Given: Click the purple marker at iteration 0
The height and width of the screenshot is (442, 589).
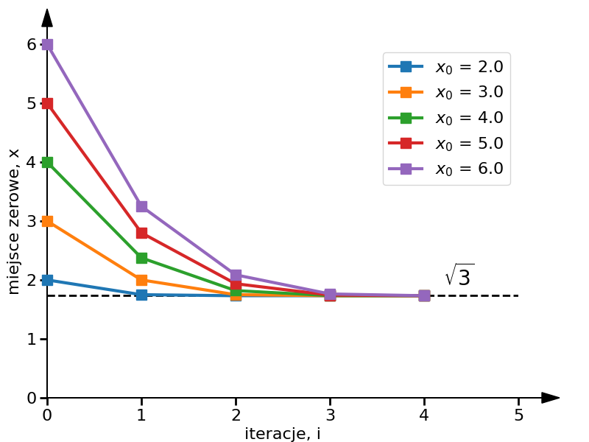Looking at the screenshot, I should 47,44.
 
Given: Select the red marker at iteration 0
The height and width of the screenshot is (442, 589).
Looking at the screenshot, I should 47,103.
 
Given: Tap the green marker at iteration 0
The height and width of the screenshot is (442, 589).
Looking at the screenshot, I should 47,162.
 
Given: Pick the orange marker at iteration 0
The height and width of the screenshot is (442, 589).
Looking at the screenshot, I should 47,221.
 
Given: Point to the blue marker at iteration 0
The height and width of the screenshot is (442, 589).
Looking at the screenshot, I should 47,280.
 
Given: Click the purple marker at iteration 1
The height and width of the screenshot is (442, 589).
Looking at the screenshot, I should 141,206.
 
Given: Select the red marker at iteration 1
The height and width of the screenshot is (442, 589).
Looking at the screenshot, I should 141,233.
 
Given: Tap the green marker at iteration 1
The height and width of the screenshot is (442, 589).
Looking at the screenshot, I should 141,258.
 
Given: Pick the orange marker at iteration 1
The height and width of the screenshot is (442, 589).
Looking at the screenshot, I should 141,280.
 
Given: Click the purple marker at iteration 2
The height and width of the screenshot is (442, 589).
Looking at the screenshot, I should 236,275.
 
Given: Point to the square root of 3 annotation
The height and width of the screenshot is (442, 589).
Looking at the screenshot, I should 459,276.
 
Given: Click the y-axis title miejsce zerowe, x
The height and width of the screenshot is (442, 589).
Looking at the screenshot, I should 14,221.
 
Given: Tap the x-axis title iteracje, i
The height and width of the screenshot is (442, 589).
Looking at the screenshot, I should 283,434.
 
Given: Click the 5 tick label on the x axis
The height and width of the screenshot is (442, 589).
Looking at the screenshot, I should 518,415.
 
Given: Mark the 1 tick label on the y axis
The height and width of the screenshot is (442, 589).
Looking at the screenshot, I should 32,339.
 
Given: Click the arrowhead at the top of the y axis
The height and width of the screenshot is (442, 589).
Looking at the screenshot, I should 47,18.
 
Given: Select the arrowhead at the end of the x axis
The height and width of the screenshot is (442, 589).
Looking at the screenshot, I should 550,398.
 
